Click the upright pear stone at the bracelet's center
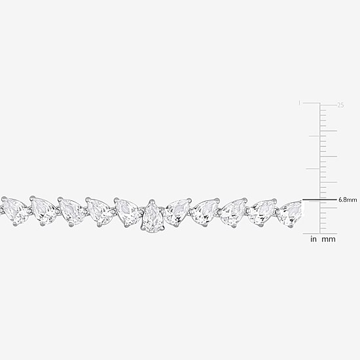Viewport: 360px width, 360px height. click(x=153, y=216)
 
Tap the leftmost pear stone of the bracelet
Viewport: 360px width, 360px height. click(x=15, y=211)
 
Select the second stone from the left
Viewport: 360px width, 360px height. click(x=44, y=211)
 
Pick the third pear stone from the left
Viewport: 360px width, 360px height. click(x=72, y=211)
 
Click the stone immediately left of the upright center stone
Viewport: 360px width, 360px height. click(x=127, y=212)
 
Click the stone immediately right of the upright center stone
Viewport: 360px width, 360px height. click(x=177, y=212)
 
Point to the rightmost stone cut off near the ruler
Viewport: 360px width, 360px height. click(x=290, y=213)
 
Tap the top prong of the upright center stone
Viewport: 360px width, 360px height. click(x=151, y=202)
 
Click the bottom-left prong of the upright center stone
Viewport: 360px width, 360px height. click(x=143, y=228)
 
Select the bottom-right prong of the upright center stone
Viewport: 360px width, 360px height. click(x=163, y=228)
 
